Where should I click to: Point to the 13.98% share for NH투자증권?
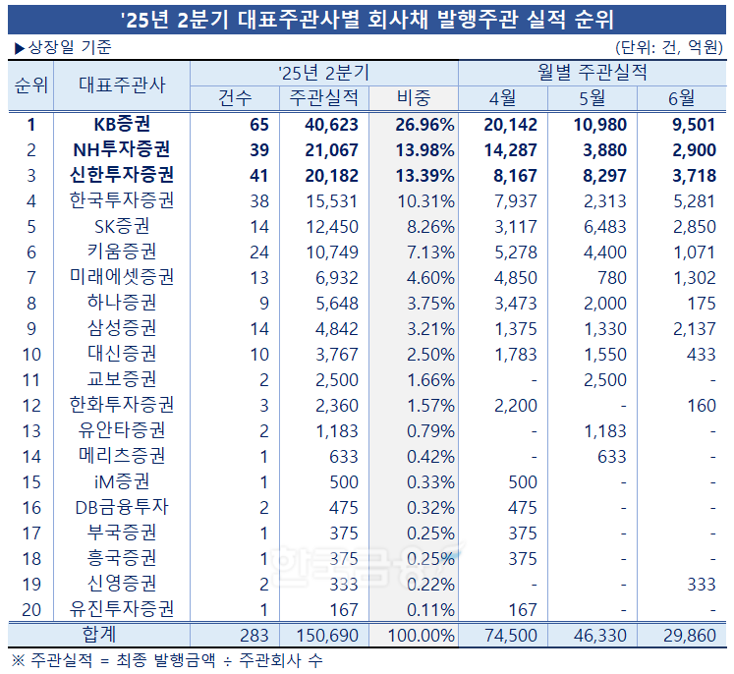[x=423, y=149]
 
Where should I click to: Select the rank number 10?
[x=31, y=354]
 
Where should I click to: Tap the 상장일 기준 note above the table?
[x=62, y=47]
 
